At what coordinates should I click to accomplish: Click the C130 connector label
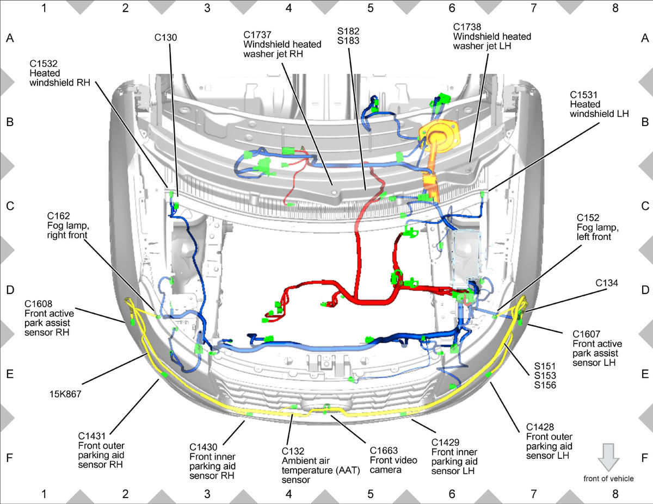[x=165, y=38]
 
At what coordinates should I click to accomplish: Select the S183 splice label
[x=348, y=41]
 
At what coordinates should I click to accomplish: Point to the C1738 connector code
[x=467, y=27]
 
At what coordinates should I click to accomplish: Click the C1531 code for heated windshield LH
[x=583, y=95]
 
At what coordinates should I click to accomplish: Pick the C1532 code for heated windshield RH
[x=44, y=64]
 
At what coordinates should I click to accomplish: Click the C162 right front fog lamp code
[x=59, y=216]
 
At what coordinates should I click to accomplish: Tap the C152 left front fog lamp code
[x=588, y=217]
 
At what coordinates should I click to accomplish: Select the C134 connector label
[x=607, y=283]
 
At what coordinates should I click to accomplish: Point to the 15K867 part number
[x=65, y=394]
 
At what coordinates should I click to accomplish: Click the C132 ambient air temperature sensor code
[x=293, y=451]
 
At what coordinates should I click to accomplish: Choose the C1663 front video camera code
[x=384, y=451]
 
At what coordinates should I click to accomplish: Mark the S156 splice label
[x=545, y=385]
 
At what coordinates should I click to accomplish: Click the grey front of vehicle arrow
[x=608, y=457]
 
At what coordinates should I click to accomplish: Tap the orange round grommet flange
[x=439, y=135]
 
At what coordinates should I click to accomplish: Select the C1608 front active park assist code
[x=39, y=304]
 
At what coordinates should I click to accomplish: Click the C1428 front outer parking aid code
[x=540, y=427]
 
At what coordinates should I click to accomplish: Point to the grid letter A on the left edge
[x=10, y=38]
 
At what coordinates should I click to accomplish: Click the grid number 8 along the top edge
[x=615, y=8]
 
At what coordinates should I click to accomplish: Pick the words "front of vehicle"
[x=608, y=478]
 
